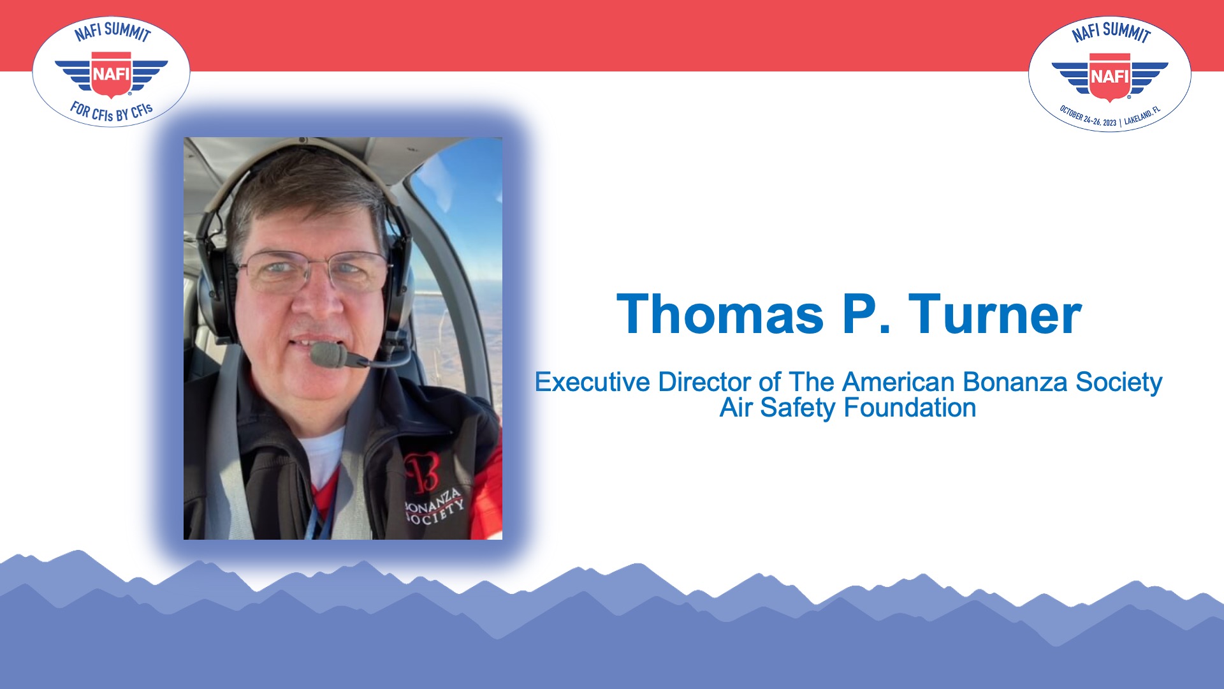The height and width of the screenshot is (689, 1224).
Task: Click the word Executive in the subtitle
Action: coord(592,382)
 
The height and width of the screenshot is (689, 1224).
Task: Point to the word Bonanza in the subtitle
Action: coord(1015,382)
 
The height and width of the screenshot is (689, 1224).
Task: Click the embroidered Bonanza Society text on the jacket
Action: coord(434,507)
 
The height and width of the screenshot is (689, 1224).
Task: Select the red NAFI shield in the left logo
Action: coord(111,75)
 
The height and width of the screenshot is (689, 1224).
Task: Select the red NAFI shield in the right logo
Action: coord(1109,77)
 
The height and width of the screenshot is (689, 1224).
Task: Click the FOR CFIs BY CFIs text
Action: coord(112,112)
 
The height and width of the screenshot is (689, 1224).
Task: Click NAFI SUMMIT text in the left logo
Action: coord(113,31)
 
